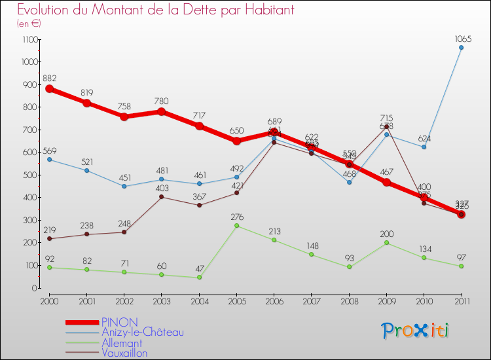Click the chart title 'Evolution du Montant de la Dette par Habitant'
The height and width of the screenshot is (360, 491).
point(156,10)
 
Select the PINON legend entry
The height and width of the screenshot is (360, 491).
point(119,322)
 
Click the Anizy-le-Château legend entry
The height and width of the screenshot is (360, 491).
point(142,333)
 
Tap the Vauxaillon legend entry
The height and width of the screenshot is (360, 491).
point(124,353)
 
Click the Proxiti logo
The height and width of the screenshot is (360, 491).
point(416,331)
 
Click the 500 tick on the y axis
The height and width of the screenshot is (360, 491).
point(30,175)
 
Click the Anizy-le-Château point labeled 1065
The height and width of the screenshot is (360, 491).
point(461,47)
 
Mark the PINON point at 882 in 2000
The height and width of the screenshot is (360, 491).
point(49,89)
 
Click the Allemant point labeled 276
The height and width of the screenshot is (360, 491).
point(236,226)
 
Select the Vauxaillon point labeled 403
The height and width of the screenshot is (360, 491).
point(162,197)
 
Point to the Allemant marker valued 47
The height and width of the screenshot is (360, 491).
point(199,278)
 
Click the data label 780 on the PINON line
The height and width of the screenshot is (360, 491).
point(162,101)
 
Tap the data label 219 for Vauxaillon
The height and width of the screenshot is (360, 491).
point(49,230)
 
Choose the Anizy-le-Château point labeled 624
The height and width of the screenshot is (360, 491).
point(424,147)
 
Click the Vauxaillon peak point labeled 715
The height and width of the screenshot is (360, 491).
point(386,126)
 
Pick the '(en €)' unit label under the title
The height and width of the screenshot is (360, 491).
point(29,24)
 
